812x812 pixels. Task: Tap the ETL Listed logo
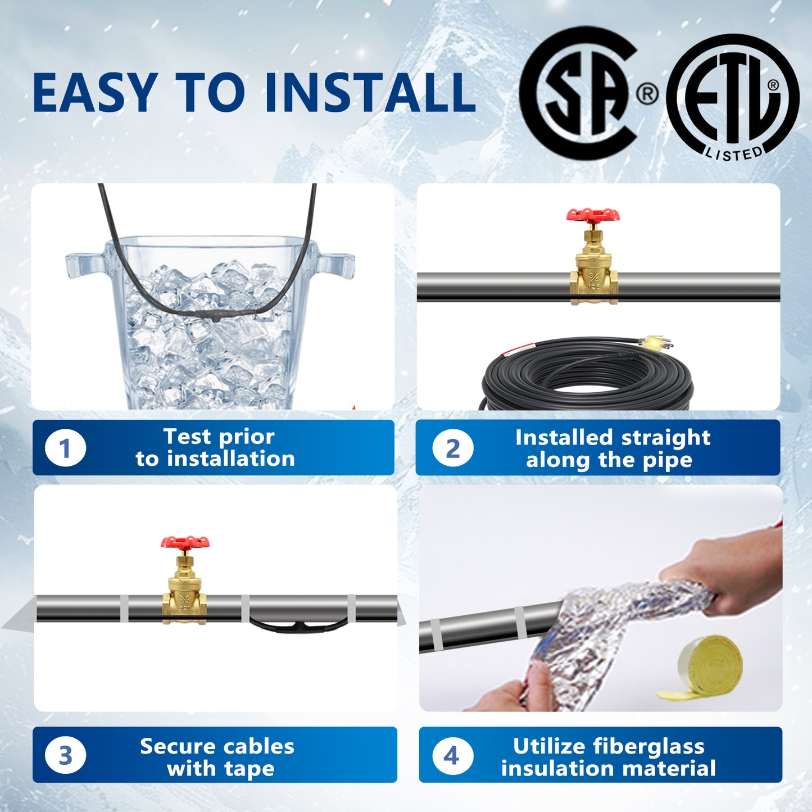coord(732,96)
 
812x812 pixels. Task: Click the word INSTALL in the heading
coord(370,93)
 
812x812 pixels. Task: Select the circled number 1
coord(65,447)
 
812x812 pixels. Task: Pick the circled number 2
coord(452,448)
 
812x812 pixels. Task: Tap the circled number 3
coord(65,755)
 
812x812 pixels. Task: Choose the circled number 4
coord(451,755)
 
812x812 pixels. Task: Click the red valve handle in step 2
coord(593,214)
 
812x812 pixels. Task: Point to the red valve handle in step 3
coord(185,542)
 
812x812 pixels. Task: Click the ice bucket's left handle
coord(85,265)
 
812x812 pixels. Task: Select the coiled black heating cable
coord(588,375)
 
